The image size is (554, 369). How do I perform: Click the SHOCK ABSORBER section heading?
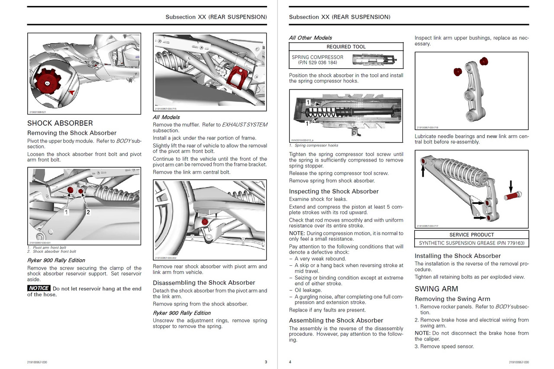click(60, 124)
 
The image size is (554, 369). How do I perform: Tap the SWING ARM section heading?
click(436, 289)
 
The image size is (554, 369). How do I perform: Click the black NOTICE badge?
click(39, 288)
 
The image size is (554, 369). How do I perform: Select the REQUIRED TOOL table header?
click(346, 47)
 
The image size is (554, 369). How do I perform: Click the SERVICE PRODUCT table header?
click(471, 235)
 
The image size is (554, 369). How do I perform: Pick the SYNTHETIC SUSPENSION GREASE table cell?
click(471, 243)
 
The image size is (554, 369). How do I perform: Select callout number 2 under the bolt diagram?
click(88, 212)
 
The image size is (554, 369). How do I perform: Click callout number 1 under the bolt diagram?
click(66, 212)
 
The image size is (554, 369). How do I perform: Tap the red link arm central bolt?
click(205, 222)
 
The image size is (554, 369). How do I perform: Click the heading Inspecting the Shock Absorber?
click(334, 191)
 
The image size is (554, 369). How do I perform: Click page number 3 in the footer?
click(266, 362)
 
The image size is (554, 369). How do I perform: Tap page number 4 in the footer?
click(290, 362)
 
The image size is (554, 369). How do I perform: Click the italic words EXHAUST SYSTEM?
click(245, 124)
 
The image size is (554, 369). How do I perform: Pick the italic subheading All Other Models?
click(310, 38)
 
